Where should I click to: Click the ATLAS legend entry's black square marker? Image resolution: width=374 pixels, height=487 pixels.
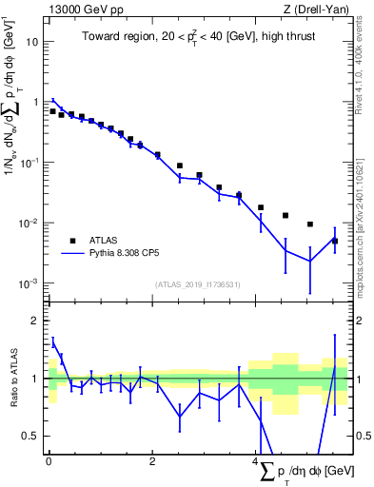coord(72,240)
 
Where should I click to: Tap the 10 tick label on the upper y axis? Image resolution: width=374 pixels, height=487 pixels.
coord(31,42)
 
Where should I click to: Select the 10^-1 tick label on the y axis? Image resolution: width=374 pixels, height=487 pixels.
coord(29,163)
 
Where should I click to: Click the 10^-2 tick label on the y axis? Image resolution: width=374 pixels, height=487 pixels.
coord(29,223)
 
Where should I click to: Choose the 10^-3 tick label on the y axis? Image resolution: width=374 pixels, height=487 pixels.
coord(29,283)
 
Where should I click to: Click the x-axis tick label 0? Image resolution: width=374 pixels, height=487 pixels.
coord(49,462)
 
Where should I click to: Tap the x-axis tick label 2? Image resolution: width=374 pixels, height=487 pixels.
coord(153,462)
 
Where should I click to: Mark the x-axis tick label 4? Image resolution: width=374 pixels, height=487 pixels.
coord(257,462)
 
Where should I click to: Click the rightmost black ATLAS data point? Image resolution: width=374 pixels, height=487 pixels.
coord(335,242)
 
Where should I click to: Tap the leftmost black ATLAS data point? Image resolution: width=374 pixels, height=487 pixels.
coord(52,111)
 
